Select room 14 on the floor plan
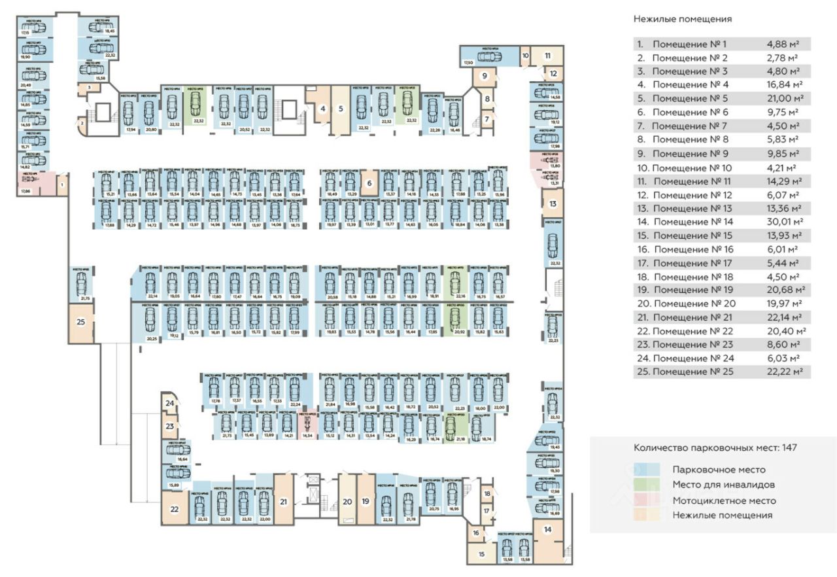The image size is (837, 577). pos(548,530)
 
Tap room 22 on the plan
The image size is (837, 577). pos(175,508)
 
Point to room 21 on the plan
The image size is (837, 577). pos(284,502)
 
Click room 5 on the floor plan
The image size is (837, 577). pos(341,109)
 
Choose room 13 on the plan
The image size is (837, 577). pos(553,204)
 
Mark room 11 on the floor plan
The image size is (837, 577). pos(548,56)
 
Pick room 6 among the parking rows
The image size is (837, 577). pos(369,184)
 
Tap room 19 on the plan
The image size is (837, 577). pos(366,502)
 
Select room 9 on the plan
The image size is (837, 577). pos(485,76)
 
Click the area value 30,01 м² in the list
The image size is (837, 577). pos(785,222)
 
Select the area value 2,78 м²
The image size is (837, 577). pos(783,58)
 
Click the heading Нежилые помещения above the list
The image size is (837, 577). pos(682,19)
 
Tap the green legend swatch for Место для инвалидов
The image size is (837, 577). pos(649,485)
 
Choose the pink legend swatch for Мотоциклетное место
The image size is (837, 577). pos(649,500)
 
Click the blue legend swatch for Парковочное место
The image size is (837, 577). pos(649,470)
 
